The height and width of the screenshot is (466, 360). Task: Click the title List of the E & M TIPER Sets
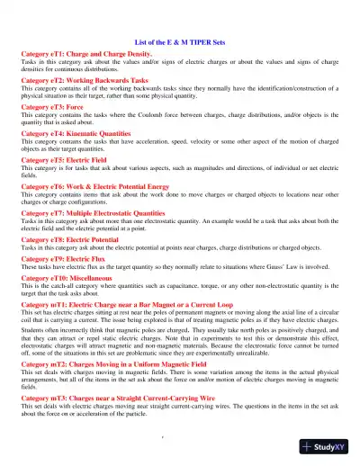pyautogui.click(x=179, y=42)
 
